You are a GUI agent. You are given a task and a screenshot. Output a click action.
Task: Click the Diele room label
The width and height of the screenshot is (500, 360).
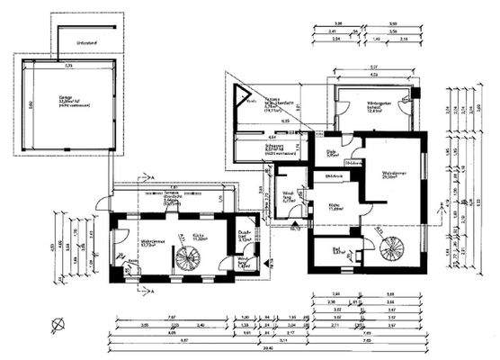click(331, 152)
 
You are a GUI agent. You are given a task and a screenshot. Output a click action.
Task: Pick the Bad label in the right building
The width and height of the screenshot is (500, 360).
click(338, 252)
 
